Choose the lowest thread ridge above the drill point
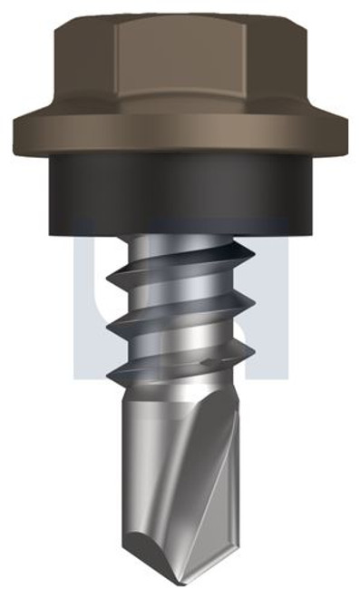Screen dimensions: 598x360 (x=172, y=372)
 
